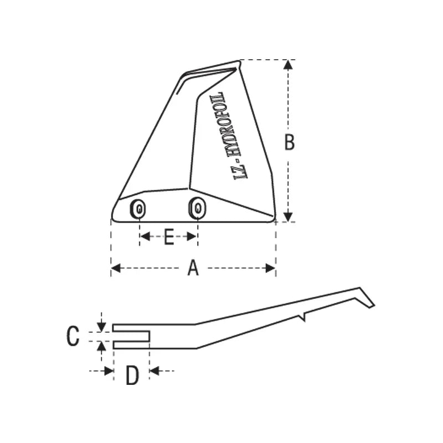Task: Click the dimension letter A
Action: coord(193,269)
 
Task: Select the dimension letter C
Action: coord(73,336)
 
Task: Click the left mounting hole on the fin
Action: coord(139,209)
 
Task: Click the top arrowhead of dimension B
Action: coord(287,64)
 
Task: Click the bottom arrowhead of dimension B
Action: coord(287,217)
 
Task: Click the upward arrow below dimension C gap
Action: coord(101,346)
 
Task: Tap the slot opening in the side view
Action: coord(132,336)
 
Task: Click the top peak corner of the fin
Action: coord(239,61)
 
